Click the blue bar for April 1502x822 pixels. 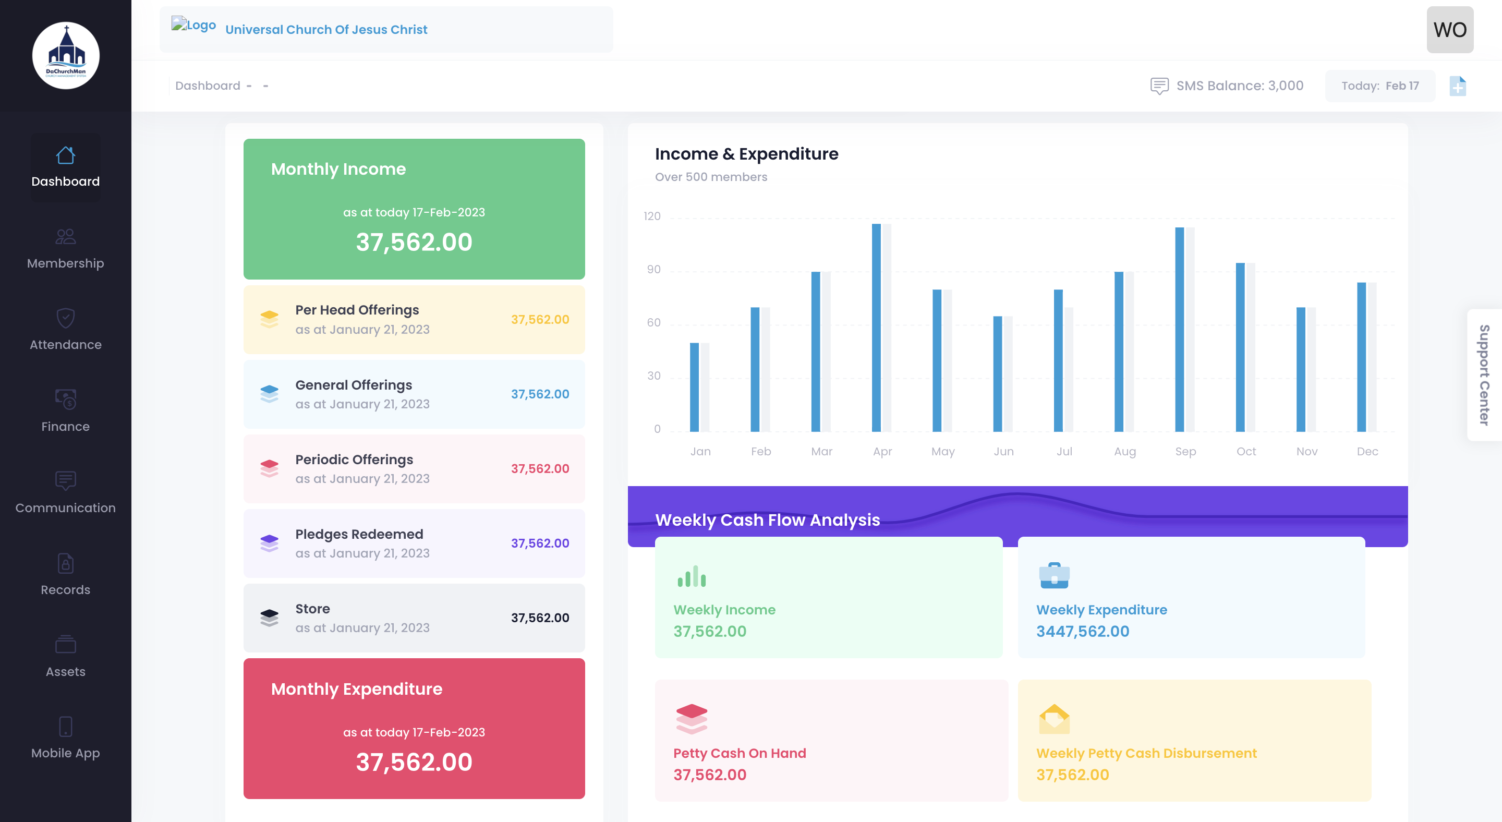coord(876,327)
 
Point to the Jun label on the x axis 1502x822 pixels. coord(1003,451)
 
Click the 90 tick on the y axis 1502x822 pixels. coord(653,269)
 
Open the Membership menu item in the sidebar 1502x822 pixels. coord(65,249)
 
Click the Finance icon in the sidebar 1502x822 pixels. coord(65,400)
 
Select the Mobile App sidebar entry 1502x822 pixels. coord(65,738)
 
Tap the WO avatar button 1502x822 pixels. coord(1449,30)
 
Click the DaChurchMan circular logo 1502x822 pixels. coord(66,56)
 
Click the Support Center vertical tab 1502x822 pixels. coord(1484,375)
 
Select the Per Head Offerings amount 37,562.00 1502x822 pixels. coord(540,320)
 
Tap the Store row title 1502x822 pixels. coord(312,609)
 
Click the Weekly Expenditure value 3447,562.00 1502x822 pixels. coord(1082,632)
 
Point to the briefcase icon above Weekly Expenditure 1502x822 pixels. coord(1054,575)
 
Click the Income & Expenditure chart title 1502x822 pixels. coord(746,154)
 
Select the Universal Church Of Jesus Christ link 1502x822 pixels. coord(326,30)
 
